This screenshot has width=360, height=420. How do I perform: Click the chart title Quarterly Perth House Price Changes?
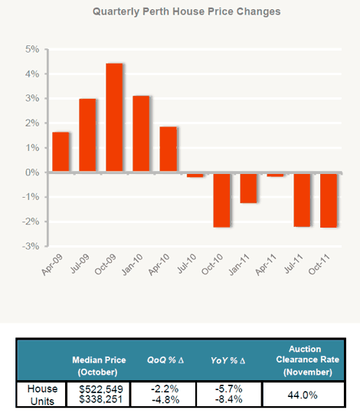tap(187, 11)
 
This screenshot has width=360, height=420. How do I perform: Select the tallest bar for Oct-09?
tap(114, 117)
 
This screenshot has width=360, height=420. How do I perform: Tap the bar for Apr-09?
tap(61, 152)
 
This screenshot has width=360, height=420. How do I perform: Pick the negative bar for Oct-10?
tap(221, 200)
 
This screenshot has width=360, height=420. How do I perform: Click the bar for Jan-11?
tap(248, 188)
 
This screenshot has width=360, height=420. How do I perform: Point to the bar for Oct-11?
tap(329, 201)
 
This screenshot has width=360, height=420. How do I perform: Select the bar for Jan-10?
tap(141, 133)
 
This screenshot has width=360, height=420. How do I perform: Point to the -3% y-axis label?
tap(31, 246)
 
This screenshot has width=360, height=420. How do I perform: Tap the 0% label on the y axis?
tap(32, 172)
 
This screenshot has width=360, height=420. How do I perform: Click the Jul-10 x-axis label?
tap(187, 264)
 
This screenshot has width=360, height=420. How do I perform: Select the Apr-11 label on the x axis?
tap(266, 264)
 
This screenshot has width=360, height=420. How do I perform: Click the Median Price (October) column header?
tap(99, 366)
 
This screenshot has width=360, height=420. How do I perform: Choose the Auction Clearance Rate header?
tap(308, 360)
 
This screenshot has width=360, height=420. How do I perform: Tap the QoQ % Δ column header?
tap(165, 360)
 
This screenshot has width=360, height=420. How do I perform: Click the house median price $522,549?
tap(101, 389)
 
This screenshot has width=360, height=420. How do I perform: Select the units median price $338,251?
tap(101, 399)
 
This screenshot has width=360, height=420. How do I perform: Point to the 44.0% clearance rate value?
tap(303, 395)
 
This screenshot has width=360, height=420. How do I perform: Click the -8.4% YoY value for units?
tap(228, 399)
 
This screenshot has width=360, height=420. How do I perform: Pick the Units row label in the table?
tap(42, 402)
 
